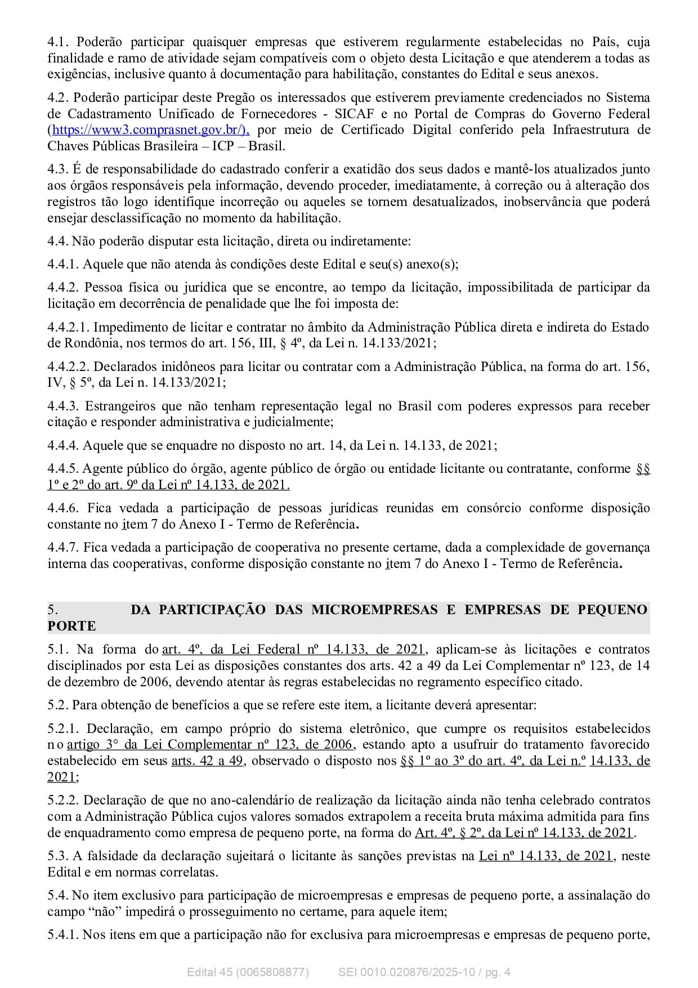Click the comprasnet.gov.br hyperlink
coord(150,130)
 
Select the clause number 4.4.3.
coord(64,406)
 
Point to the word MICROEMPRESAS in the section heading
coord(374,610)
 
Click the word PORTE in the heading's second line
coord(71,626)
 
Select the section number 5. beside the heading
coord(52,610)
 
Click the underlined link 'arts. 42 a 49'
coord(208,761)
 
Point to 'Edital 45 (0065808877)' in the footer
coord(248,972)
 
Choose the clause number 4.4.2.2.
coord(69,366)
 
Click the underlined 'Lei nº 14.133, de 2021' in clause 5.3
coord(545,856)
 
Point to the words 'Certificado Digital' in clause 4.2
coord(396,130)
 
